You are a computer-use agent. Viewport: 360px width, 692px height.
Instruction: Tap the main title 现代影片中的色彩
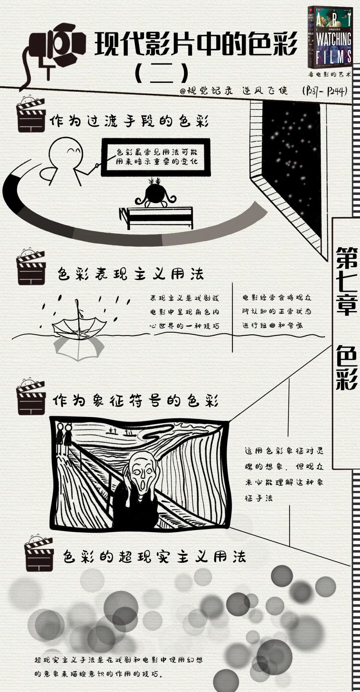pyautogui.click(x=196, y=44)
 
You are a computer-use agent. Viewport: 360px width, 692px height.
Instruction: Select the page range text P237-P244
pyautogui.click(x=324, y=91)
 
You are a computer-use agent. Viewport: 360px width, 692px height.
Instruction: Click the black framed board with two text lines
pyautogui.click(x=156, y=157)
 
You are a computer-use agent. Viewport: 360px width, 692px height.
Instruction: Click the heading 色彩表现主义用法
pyautogui.click(x=130, y=275)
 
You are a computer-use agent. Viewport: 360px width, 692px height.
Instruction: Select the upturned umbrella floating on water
pyautogui.click(x=79, y=327)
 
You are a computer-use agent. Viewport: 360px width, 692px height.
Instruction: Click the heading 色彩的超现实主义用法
pyautogui.click(x=154, y=557)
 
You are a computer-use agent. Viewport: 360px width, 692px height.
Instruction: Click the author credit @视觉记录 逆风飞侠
pyautogui.click(x=233, y=90)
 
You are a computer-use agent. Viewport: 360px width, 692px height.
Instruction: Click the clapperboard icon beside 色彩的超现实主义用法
pyautogui.click(x=39, y=555)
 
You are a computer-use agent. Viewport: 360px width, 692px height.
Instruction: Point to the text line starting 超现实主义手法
pyautogui.click(x=118, y=660)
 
